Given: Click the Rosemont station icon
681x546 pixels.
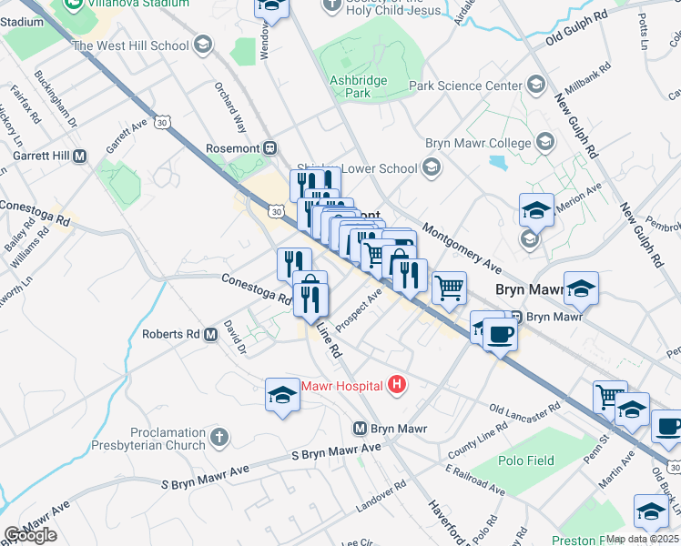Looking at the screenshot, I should (x=269, y=148).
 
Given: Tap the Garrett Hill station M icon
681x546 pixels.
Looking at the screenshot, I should (x=79, y=156).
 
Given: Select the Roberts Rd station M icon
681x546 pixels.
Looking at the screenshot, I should (x=211, y=334).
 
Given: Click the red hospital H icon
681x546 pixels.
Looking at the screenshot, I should (x=396, y=385).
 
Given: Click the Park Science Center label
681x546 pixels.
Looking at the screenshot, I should (x=465, y=86).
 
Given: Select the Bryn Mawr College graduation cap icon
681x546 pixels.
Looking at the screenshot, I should (x=544, y=143).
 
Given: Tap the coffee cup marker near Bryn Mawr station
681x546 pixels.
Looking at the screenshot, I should (x=499, y=335).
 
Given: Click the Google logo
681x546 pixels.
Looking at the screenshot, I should (x=30, y=535).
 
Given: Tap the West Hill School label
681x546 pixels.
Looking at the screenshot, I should (x=130, y=45).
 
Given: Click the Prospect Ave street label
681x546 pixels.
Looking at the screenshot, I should (x=359, y=311).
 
